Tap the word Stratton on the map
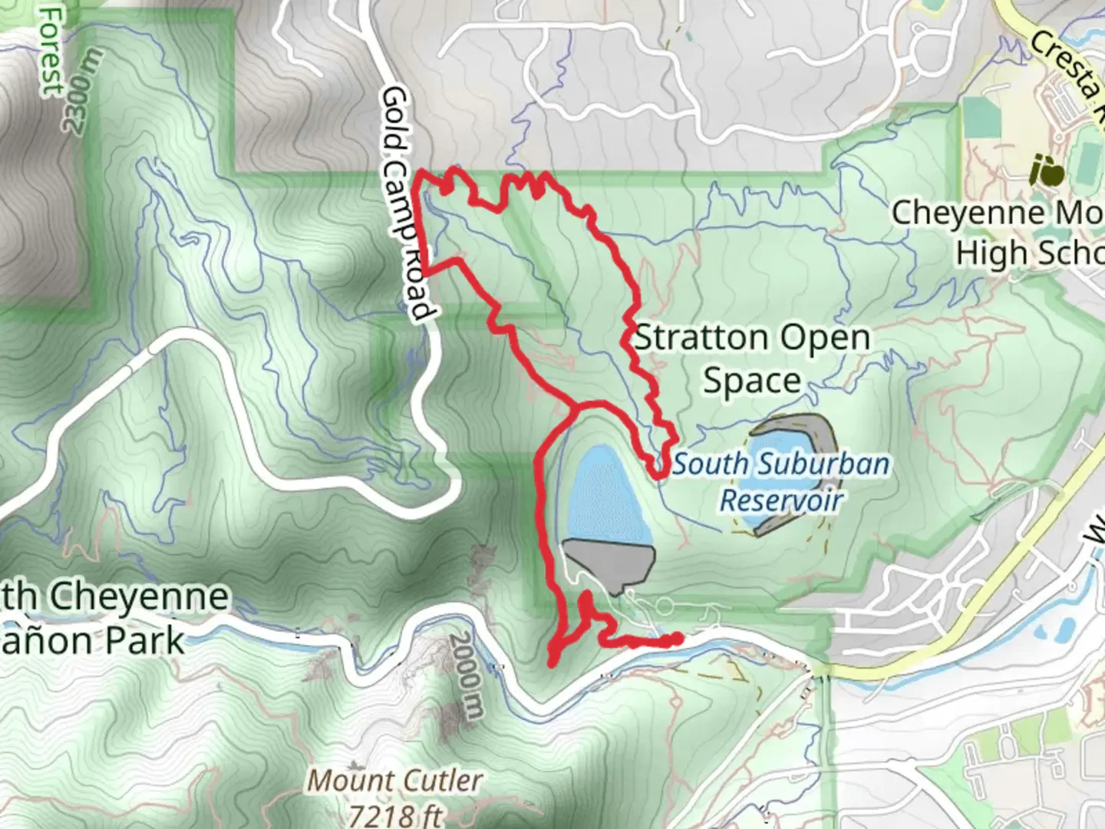[701, 338]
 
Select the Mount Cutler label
[395, 781]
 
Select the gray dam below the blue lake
[610, 564]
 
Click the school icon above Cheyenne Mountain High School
[1047, 170]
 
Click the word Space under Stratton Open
[752, 381]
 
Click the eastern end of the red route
[677, 638]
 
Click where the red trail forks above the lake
[573, 407]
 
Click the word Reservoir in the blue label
[781, 500]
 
